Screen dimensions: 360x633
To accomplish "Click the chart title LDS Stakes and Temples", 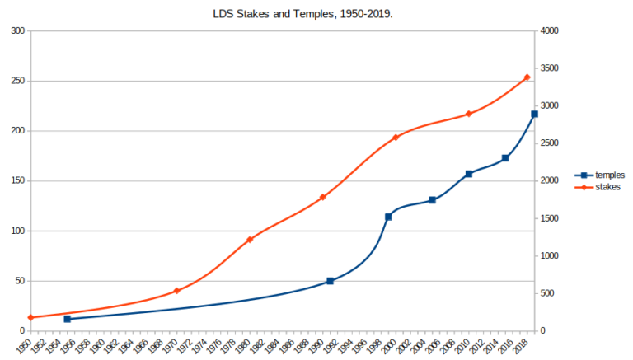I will click(316, 13).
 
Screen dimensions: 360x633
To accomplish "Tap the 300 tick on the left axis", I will click(17, 31).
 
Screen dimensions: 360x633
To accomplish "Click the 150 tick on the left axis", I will click(17, 181).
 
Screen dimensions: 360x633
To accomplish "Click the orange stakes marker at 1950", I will click(30, 317).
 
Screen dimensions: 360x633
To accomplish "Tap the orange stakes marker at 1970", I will click(176, 291).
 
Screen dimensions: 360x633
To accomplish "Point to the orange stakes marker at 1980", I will click(250, 240).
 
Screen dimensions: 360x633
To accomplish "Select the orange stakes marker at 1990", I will click(322, 197).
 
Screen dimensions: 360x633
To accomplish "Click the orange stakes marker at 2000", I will click(396, 138).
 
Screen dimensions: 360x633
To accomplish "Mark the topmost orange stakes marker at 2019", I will click(527, 77).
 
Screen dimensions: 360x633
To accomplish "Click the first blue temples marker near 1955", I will click(67, 319).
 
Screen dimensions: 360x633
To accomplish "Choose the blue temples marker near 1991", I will click(330, 281).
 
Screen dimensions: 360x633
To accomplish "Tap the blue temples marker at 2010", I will click(468, 174).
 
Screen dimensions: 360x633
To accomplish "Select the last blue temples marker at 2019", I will click(534, 114).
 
